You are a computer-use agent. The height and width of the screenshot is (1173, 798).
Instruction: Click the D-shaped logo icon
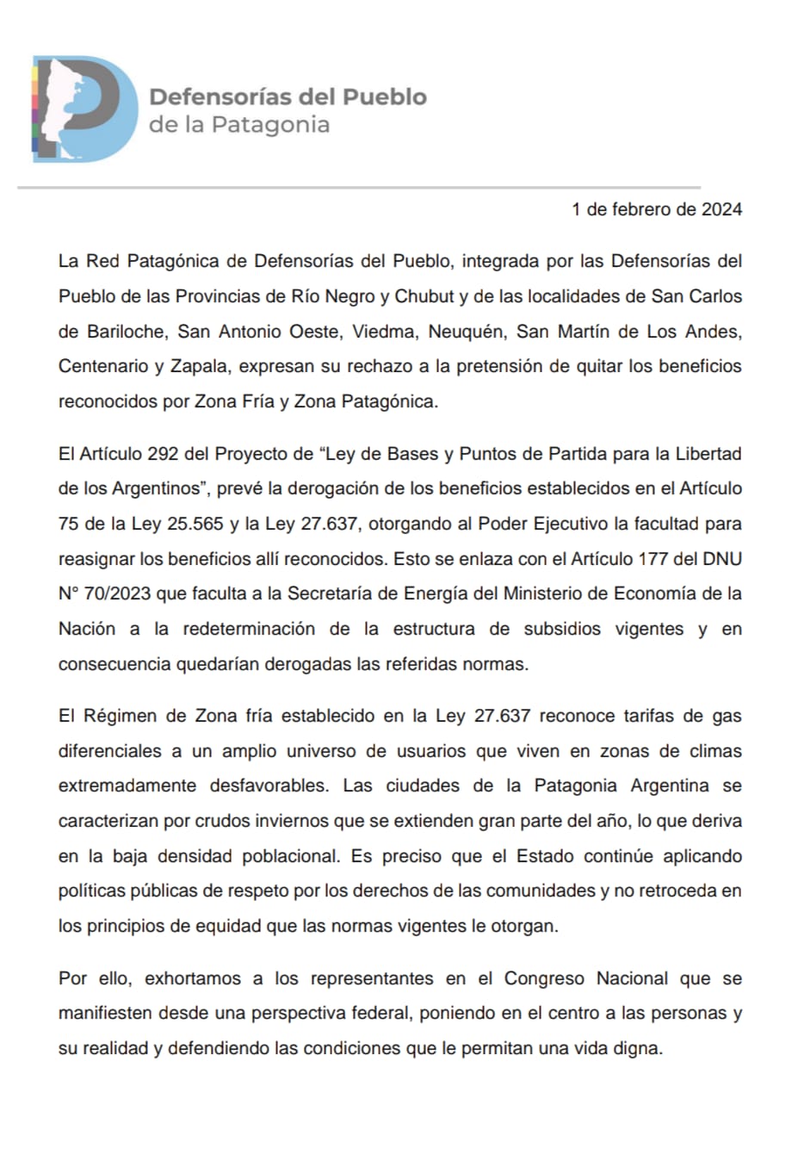click(84, 109)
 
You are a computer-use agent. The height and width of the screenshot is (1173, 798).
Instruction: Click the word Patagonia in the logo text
click(270, 125)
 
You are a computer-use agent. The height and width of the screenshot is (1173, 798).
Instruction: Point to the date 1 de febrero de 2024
click(656, 209)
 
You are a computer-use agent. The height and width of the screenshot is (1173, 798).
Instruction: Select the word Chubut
click(424, 296)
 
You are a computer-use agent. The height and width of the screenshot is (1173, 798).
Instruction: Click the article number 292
click(163, 454)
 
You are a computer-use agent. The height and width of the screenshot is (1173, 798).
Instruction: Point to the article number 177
click(659, 559)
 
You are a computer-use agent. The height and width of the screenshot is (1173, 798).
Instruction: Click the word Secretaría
click(332, 593)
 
